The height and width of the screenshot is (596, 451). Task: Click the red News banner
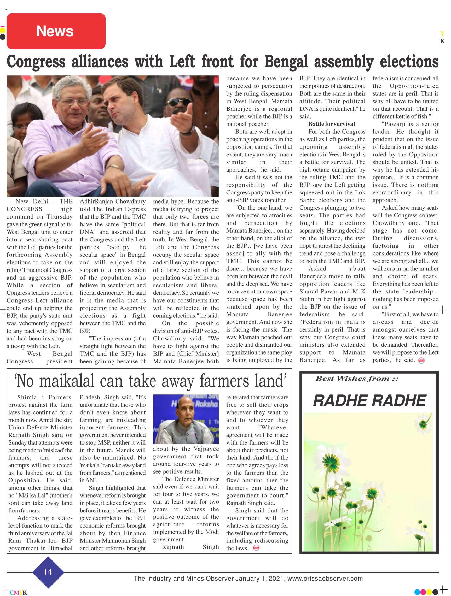(x=56, y=31)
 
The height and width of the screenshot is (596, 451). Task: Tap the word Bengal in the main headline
(x=286, y=62)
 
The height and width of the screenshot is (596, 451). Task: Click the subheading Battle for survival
(x=332, y=124)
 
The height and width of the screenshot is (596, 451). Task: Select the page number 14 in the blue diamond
(x=48, y=572)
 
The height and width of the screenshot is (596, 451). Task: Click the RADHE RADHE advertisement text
(x=369, y=401)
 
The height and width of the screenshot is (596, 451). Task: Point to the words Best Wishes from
(x=357, y=379)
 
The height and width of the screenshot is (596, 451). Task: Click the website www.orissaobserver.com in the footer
(x=325, y=579)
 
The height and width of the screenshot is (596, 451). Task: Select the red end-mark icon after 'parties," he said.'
(x=421, y=361)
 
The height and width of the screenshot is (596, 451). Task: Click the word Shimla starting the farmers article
(x=27, y=397)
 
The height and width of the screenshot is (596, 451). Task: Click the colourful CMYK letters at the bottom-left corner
(x=18, y=593)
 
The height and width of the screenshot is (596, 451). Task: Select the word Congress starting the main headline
(x=36, y=62)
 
